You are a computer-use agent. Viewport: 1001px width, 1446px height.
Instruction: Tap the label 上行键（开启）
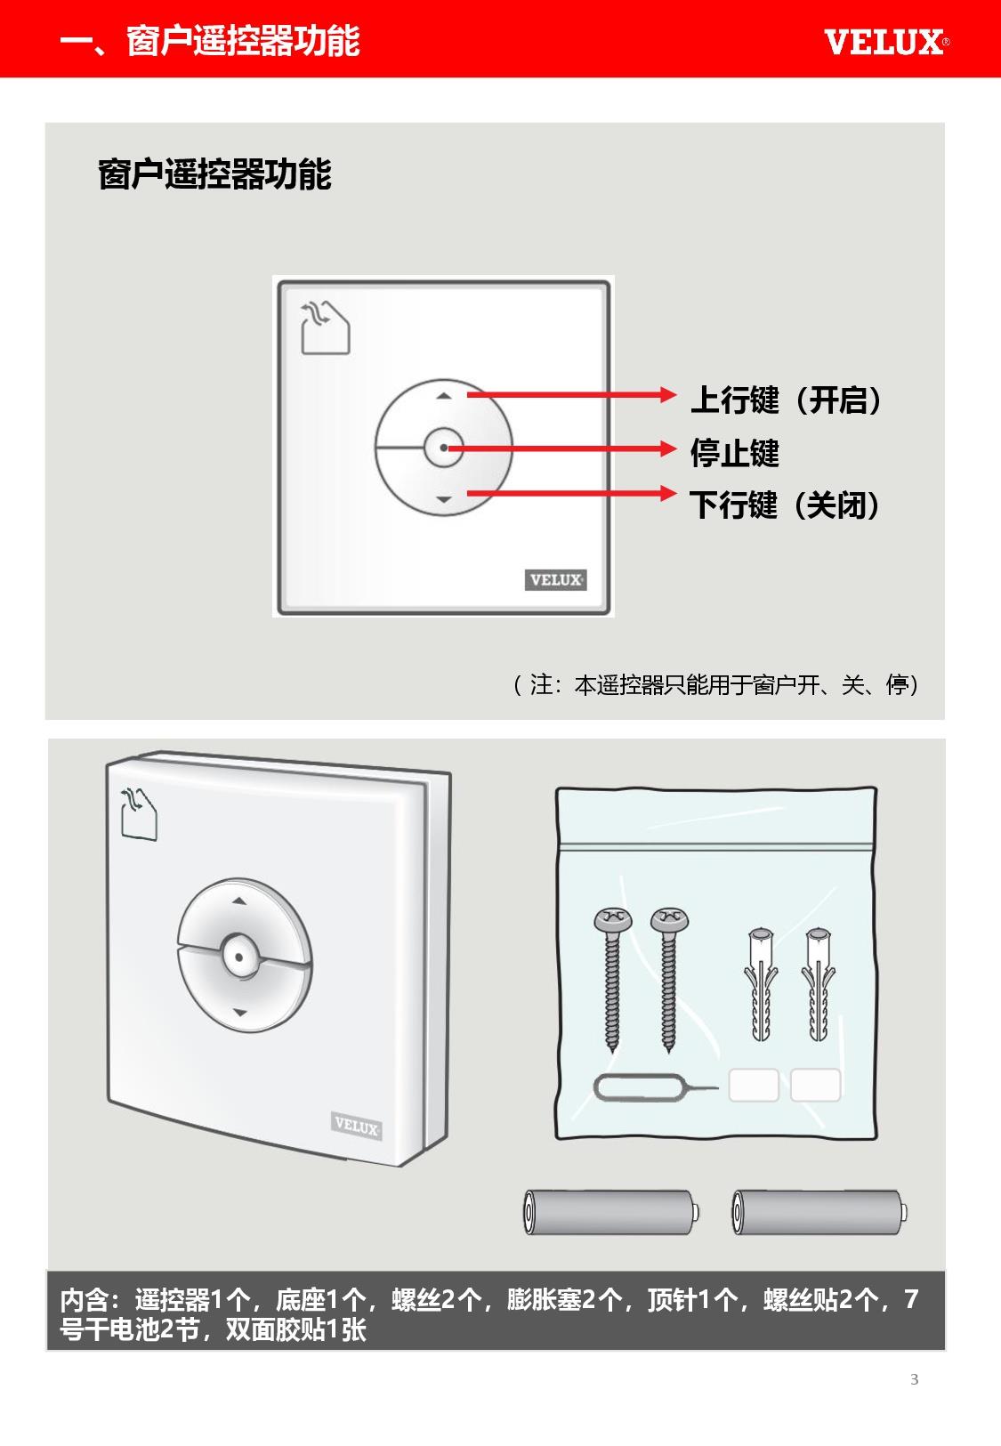point(786,400)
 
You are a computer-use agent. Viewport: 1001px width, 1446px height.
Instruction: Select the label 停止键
point(734,453)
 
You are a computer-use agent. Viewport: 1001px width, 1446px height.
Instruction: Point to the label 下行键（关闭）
point(785,505)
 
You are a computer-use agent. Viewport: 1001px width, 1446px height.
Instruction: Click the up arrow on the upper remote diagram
point(443,396)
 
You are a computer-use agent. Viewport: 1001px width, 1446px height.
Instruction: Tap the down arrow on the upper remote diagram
point(443,499)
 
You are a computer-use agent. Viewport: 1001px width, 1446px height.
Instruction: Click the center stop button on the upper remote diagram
point(443,448)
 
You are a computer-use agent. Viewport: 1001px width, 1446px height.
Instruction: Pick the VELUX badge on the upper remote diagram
point(555,579)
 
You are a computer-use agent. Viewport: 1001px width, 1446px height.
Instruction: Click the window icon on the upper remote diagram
point(326,327)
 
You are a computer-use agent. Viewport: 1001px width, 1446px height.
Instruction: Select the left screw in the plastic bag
point(612,980)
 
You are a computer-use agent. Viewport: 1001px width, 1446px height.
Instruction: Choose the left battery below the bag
point(610,1212)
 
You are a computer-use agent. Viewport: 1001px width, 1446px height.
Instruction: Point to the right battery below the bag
point(819,1212)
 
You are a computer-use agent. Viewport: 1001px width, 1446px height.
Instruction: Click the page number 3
point(914,1379)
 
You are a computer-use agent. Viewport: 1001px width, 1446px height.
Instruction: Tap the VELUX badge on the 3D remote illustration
point(356,1126)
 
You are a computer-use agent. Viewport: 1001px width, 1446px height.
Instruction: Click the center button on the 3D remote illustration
point(238,956)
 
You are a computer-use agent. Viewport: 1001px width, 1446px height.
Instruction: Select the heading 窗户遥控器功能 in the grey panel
point(215,174)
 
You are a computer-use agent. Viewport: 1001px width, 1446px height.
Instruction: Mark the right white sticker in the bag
point(815,1085)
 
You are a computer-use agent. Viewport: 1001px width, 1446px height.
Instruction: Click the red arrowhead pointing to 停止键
point(668,448)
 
